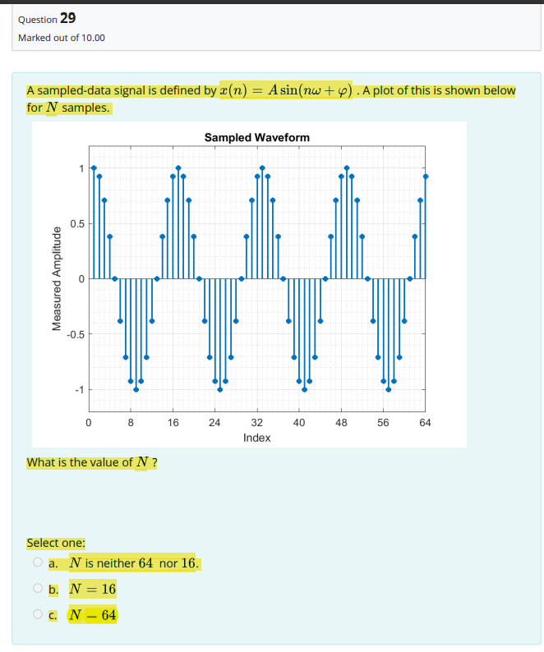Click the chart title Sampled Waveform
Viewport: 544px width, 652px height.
(x=257, y=137)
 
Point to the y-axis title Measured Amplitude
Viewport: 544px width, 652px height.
(x=58, y=279)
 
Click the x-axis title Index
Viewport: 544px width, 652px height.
(x=257, y=438)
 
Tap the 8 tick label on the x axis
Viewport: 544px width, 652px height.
(x=131, y=423)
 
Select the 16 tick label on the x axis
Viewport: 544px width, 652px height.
(x=173, y=423)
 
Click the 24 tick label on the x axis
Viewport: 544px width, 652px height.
(x=214, y=423)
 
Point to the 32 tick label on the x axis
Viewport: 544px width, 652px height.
(x=256, y=423)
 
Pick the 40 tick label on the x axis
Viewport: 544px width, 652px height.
(x=299, y=423)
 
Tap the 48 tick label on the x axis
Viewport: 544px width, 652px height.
(x=341, y=423)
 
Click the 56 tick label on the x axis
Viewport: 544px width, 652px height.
(x=383, y=423)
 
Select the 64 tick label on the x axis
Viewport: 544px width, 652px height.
(x=425, y=423)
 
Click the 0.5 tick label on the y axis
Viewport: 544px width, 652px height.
(x=76, y=223)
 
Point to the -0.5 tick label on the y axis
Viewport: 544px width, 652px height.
(x=75, y=334)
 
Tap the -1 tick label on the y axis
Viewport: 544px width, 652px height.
(x=78, y=390)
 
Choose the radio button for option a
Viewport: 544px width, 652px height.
(x=37, y=563)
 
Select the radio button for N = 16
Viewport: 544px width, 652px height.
(x=37, y=589)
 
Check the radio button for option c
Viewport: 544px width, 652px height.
(x=37, y=614)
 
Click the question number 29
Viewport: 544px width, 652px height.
(x=68, y=18)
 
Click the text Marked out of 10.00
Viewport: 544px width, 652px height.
(x=62, y=38)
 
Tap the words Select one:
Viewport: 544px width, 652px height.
(x=56, y=543)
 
